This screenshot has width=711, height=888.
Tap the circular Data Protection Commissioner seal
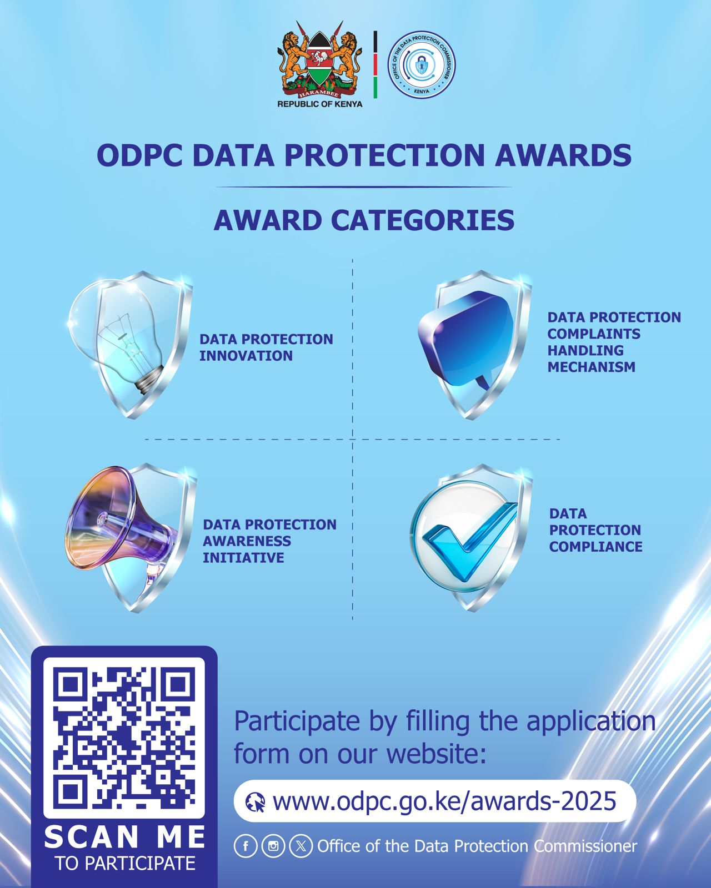422,64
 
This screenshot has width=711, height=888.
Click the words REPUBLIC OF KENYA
320,104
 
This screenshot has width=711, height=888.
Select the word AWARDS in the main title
563,155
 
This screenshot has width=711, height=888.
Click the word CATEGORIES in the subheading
423,220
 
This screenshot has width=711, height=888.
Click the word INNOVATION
246,356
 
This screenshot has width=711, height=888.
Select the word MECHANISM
591,367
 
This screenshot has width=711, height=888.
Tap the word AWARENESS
247,541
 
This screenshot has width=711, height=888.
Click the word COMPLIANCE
595,547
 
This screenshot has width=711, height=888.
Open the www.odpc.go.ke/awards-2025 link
444,801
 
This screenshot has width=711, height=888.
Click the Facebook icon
246,846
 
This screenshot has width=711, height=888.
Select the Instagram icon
273,846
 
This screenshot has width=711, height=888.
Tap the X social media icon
301,846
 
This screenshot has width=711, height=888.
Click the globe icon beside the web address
255,802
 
